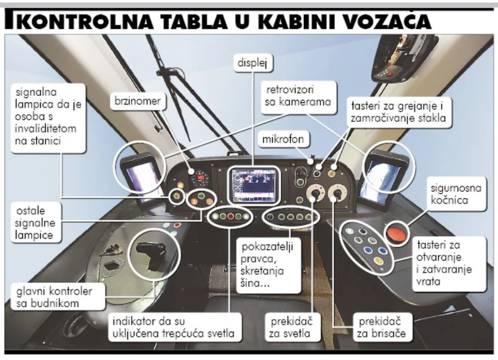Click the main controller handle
[x=151, y=253]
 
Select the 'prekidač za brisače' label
[x=378, y=326]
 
